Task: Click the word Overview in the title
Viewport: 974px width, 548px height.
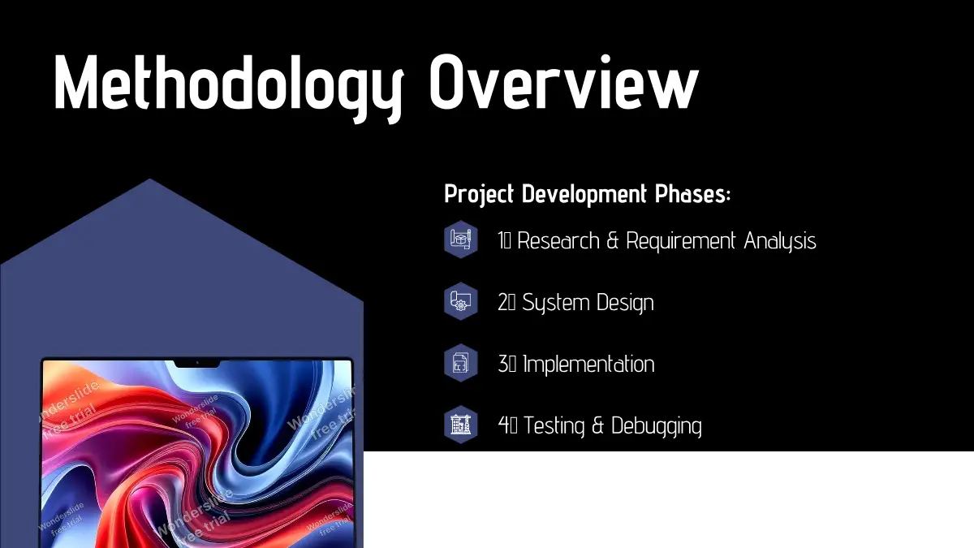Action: click(564, 82)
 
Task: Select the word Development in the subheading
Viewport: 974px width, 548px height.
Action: click(584, 193)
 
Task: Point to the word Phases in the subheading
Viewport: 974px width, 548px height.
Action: click(691, 193)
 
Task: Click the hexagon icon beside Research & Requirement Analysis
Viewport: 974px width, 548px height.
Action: click(461, 239)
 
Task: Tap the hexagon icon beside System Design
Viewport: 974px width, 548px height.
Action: click(461, 301)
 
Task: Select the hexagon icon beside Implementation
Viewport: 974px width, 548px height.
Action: click(461, 363)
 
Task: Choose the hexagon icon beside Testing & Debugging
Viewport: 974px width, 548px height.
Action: click(461, 425)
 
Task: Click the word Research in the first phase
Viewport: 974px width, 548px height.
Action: click(558, 240)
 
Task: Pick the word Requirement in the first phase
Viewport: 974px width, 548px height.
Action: click(681, 242)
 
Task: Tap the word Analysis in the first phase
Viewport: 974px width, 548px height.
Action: click(780, 242)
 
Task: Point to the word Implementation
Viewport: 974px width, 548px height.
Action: click(588, 365)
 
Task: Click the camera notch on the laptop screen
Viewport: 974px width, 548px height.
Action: click(197, 364)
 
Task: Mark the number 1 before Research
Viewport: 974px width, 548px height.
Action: click(501, 240)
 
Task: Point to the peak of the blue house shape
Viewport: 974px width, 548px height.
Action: click(149, 179)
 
